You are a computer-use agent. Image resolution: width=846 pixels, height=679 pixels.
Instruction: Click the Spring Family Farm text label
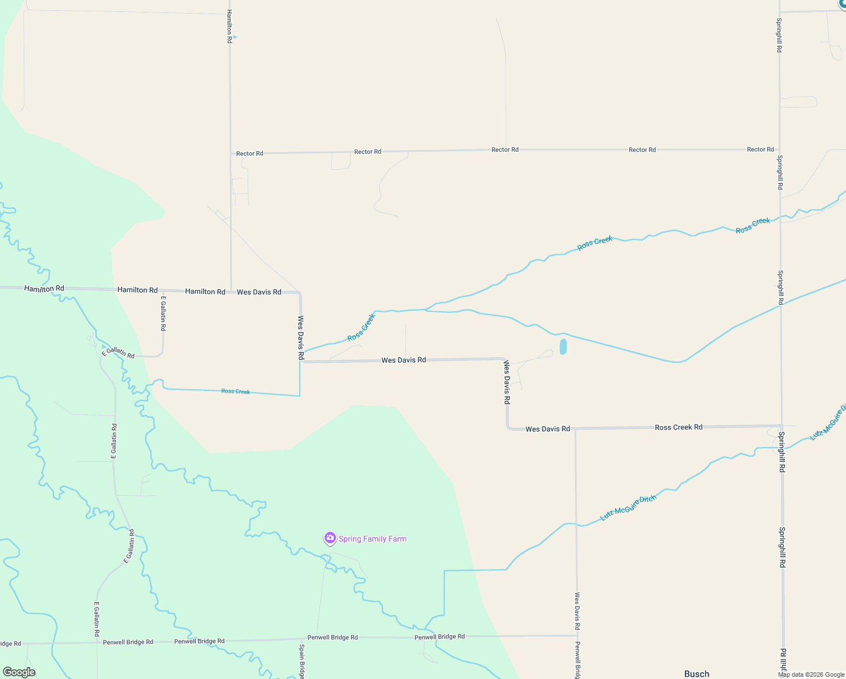pyautogui.click(x=372, y=539)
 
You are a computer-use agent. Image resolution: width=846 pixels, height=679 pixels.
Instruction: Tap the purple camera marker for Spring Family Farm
pyautogui.click(x=330, y=538)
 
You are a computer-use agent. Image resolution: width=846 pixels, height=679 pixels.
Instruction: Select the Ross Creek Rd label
pyautogui.click(x=679, y=427)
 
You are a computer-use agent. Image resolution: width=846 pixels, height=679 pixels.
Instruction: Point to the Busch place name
pyautogui.click(x=697, y=673)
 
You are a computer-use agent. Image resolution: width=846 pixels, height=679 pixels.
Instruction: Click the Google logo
pyautogui.click(x=19, y=672)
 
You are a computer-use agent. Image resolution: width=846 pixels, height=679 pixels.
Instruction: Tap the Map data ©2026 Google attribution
pyautogui.click(x=811, y=674)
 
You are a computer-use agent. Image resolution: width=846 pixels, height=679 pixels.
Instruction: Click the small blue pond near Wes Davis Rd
pyautogui.click(x=563, y=347)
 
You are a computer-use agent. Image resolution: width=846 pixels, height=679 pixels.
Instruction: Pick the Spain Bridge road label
pyautogui.click(x=302, y=661)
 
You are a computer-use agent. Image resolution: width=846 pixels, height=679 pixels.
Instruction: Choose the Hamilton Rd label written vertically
pyautogui.click(x=229, y=26)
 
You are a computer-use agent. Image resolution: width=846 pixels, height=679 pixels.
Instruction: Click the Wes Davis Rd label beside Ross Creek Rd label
pyautogui.click(x=547, y=429)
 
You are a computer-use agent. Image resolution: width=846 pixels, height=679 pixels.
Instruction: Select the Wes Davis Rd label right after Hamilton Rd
pyautogui.click(x=259, y=292)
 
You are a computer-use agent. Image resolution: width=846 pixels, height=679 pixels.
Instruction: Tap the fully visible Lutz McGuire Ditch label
pyautogui.click(x=628, y=508)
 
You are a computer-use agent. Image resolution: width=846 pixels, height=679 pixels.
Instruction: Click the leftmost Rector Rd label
pyautogui.click(x=249, y=153)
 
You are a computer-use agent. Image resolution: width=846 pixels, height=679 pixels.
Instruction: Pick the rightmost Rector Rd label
pyautogui.click(x=760, y=149)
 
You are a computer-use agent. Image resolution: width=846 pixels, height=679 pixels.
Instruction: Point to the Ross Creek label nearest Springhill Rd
pyautogui.click(x=753, y=225)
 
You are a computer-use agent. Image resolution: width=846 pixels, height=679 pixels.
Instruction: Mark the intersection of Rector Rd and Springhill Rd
pyautogui.click(x=780, y=149)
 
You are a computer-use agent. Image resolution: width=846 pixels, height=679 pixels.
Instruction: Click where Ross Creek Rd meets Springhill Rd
pyautogui.click(x=782, y=426)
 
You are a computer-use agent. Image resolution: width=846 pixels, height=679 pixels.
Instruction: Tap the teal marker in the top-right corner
pyautogui.click(x=843, y=3)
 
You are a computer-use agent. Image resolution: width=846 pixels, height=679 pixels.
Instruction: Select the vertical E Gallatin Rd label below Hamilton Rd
pyautogui.click(x=163, y=313)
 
